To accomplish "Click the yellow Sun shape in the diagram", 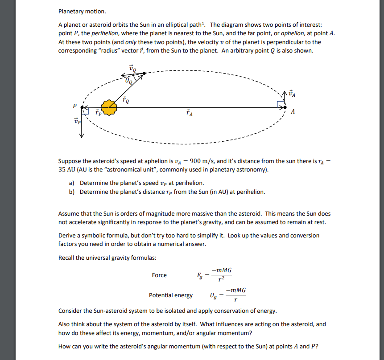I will (108, 107).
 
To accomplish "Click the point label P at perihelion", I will (75, 106).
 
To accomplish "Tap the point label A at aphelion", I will (293, 112).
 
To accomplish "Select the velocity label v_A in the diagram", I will (292, 94).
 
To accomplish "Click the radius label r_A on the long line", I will (189, 113).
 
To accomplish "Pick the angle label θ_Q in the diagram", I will (129, 81).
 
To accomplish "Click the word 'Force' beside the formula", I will (159, 275).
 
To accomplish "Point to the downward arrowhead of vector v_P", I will (82, 136).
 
